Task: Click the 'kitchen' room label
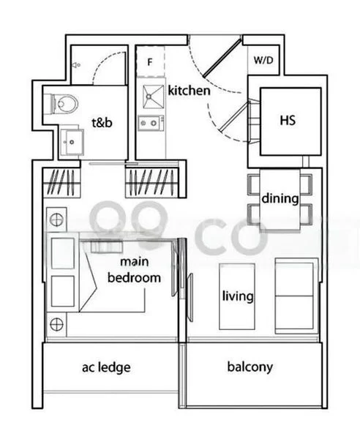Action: click(189, 91)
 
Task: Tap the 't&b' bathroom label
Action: click(101, 123)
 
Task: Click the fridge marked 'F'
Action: click(149, 62)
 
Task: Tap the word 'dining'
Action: click(280, 198)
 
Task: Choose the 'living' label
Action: click(239, 296)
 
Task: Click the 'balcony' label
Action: click(251, 367)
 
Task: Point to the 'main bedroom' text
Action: click(134, 271)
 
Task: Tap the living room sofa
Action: click(296, 296)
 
